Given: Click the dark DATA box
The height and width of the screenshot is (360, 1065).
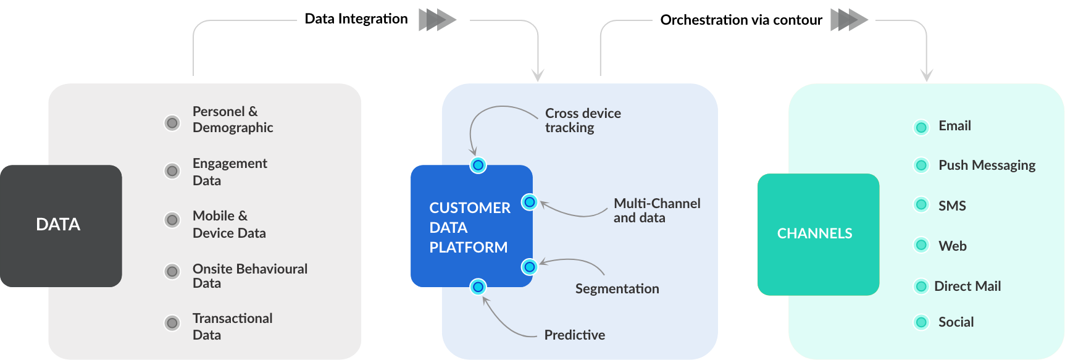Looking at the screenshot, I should [61, 225].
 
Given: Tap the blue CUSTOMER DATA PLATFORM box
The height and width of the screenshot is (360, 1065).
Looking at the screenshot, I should [471, 227].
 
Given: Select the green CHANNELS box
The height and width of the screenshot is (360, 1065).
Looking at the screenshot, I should [818, 234].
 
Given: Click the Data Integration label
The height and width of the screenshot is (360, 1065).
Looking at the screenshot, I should [356, 19].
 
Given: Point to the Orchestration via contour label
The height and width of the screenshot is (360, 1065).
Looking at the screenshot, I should [741, 20].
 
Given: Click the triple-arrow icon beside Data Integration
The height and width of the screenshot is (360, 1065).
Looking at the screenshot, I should [437, 20].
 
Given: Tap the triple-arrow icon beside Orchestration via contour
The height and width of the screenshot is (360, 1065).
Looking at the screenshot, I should [849, 20].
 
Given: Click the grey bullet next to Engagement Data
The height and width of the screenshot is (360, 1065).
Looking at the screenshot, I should [172, 171].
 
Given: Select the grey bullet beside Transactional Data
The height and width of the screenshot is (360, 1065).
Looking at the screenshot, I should [172, 323].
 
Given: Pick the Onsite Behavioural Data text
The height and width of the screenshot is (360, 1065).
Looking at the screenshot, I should [249, 276].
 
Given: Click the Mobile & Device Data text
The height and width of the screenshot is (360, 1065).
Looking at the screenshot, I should [229, 224].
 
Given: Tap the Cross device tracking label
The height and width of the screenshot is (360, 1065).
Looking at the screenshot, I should [582, 120].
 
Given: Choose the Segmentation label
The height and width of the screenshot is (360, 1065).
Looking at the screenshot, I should [617, 289].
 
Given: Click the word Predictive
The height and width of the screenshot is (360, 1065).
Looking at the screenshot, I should [574, 335].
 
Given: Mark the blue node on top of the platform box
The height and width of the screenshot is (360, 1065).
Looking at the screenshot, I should [478, 165].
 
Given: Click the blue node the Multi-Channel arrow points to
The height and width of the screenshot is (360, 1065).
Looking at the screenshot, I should [529, 202].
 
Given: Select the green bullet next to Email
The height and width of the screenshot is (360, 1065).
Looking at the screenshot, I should [921, 128].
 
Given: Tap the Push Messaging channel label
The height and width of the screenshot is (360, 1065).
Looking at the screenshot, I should [987, 165].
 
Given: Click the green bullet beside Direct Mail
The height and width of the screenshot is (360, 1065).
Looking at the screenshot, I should [921, 287].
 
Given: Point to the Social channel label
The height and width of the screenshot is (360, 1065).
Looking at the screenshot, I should [956, 322].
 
